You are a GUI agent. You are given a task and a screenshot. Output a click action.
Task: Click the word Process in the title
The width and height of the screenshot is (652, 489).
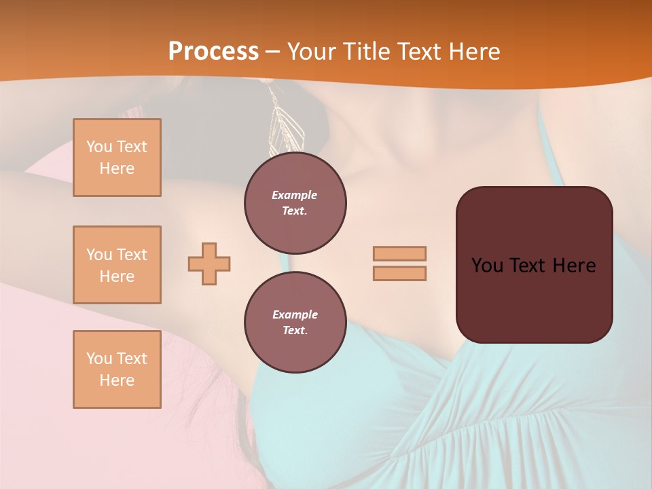pyautogui.click(x=213, y=51)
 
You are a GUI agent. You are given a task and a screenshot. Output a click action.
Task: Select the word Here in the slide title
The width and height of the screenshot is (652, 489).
pyautogui.click(x=473, y=51)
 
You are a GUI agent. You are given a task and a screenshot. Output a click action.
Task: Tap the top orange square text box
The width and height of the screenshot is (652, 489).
pyautogui.click(x=117, y=158)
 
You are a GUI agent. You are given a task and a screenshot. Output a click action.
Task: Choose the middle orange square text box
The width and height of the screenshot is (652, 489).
pyautogui.click(x=117, y=265)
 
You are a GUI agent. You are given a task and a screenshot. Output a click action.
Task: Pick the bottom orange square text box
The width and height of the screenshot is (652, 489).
pyautogui.click(x=117, y=369)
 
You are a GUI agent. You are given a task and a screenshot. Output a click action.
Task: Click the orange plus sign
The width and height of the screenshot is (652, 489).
pyautogui.click(x=209, y=264)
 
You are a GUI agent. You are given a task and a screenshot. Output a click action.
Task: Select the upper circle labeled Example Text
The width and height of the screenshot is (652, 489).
pyautogui.click(x=295, y=203)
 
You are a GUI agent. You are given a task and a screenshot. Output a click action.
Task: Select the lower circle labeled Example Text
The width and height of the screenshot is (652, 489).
pyautogui.click(x=295, y=323)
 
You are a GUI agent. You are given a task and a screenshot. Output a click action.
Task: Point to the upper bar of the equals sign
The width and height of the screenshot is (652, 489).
pyautogui.click(x=399, y=253)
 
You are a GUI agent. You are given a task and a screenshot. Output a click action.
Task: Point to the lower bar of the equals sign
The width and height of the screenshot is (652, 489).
pyautogui.click(x=399, y=273)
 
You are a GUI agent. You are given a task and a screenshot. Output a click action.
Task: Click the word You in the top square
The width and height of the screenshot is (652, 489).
pyautogui.click(x=99, y=147)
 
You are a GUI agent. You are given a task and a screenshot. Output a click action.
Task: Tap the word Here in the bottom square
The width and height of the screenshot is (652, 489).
pyautogui.click(x=117, y=380)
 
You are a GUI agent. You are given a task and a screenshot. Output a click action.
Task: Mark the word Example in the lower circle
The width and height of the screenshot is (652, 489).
pyautogui.click(x=295, y=314)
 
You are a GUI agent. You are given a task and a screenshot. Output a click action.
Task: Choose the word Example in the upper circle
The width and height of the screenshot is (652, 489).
pyautogui.click(x=295, y=195)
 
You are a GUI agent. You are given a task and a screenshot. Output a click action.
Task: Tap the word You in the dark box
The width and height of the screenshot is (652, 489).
pyautogui.click(x=487, y=265)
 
